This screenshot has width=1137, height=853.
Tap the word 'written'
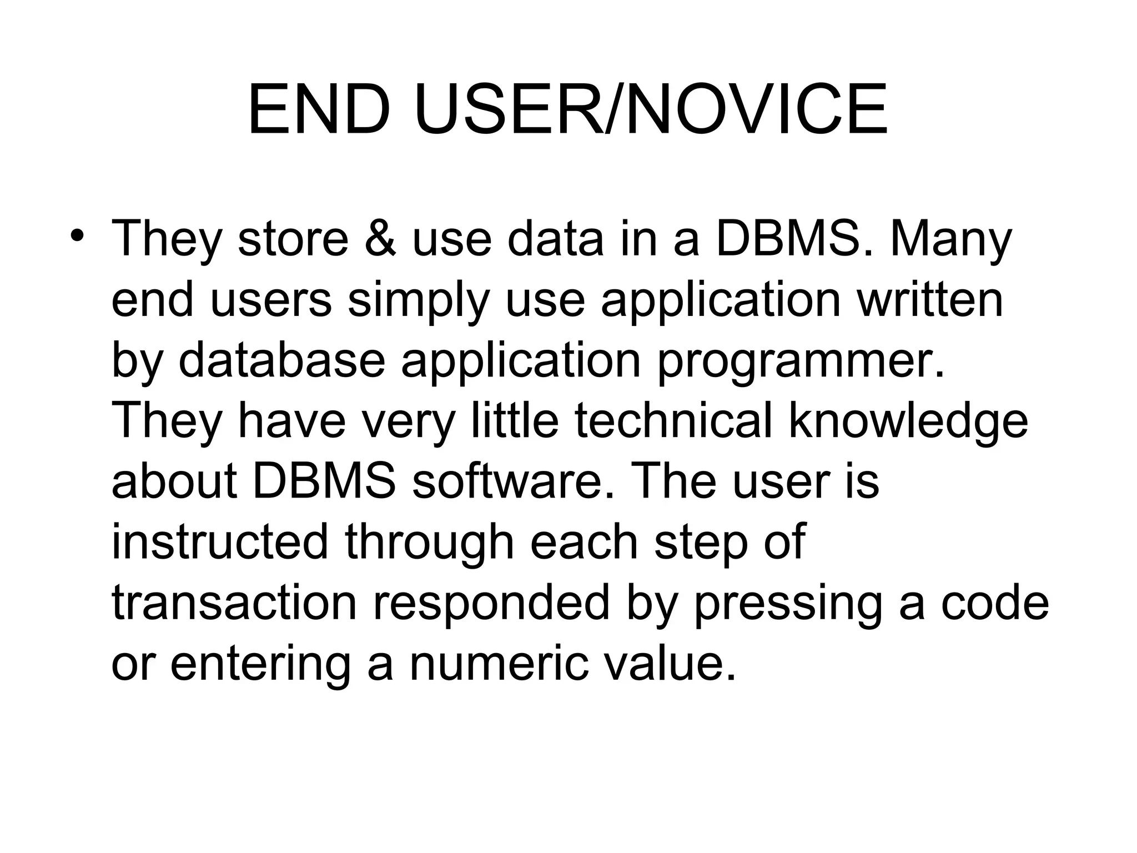point(930,300)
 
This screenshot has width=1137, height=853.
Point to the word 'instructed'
point(220,541)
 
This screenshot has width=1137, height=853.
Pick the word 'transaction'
point(234,603)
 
